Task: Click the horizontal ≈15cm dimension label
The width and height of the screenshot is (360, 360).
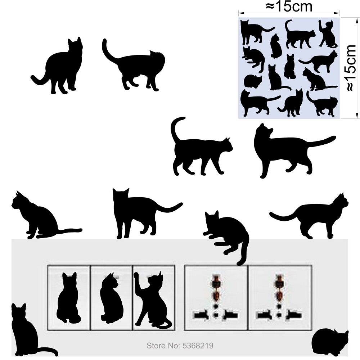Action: (x=288, y=6)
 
